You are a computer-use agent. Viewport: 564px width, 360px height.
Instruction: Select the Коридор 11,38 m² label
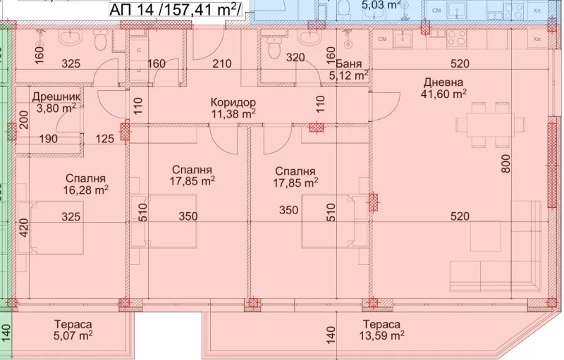coord(233,108)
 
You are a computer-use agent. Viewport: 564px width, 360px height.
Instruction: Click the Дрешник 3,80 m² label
coord(56,102)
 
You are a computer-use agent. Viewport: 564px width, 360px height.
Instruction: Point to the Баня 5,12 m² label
coord(349,70)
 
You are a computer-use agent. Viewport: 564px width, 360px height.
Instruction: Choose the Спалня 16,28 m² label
coord(85,184)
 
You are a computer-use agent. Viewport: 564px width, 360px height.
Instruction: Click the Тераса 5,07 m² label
coord(73,330)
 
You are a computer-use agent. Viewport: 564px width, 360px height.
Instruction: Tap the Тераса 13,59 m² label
coord(381,330)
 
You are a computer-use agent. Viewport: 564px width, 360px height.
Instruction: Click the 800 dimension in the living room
coord(505,163)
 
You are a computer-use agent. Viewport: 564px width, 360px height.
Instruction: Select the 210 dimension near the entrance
coord(221,63)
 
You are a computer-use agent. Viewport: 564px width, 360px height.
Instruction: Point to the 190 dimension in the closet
coord(48,139)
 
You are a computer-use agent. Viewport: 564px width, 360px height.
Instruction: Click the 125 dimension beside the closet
coord(104,139)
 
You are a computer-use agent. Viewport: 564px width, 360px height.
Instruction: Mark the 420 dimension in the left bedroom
coord(24,228)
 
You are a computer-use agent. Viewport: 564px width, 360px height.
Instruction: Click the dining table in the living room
coord(490,125)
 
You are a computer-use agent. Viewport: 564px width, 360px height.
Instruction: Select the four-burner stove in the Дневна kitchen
coord(457,39)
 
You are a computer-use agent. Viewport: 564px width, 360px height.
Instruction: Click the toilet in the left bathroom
coord(99,40)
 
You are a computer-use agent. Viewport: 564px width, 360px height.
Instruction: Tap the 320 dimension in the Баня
coord(295,58)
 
